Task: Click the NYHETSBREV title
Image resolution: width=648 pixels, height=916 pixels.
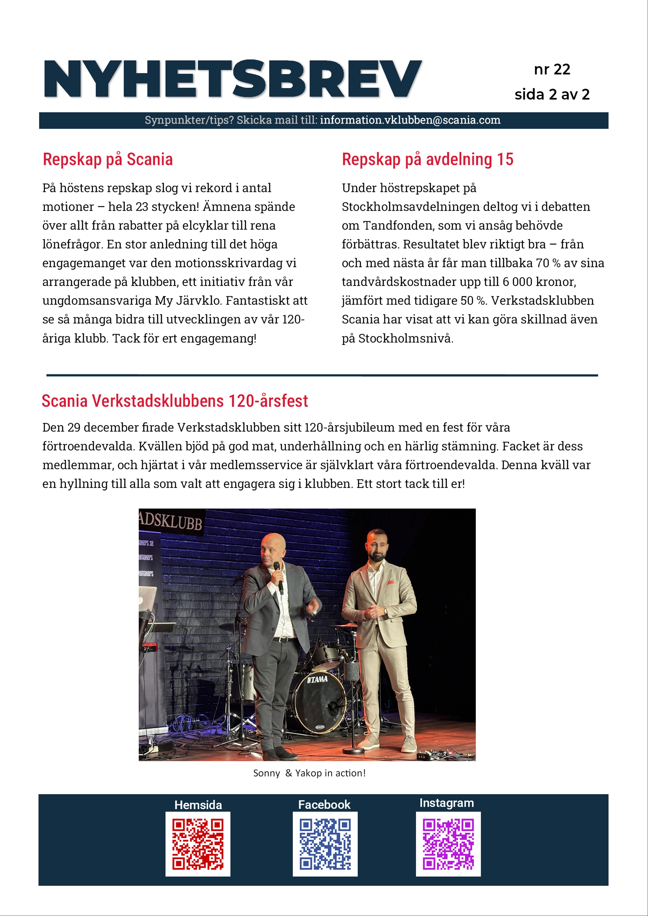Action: (x=232, y=79)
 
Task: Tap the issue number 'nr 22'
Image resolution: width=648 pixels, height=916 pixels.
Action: (x=552, y=69)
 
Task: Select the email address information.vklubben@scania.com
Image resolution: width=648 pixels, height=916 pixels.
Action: (x=410, y=120)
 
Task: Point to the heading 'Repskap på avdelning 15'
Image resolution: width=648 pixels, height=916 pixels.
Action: (x=427, y=160)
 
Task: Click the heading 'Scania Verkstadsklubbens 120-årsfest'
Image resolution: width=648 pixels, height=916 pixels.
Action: (x=175, y=401)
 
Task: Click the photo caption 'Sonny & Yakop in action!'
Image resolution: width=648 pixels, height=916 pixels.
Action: (x=309, y=773)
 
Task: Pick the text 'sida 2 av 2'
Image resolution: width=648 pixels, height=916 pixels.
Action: (x=552, y=95)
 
